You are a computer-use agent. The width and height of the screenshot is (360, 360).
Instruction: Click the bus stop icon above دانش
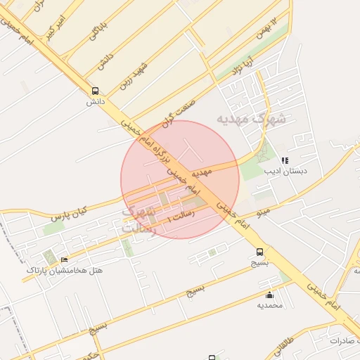coord(95,91)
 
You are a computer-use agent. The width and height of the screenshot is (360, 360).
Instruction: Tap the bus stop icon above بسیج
coord(260,252)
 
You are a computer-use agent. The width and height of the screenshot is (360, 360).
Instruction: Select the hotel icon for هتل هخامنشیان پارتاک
coord(65,260)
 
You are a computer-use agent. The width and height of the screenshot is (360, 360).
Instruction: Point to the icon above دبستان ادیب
coord(285,161)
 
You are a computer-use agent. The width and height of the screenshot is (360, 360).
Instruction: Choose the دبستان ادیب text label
coord(281,171)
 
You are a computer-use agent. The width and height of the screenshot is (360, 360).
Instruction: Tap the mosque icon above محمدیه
coord(270,295)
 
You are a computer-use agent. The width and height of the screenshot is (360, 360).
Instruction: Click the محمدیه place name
coord(269,305)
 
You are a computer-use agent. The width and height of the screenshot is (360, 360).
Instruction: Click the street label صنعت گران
coord(177,112)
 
